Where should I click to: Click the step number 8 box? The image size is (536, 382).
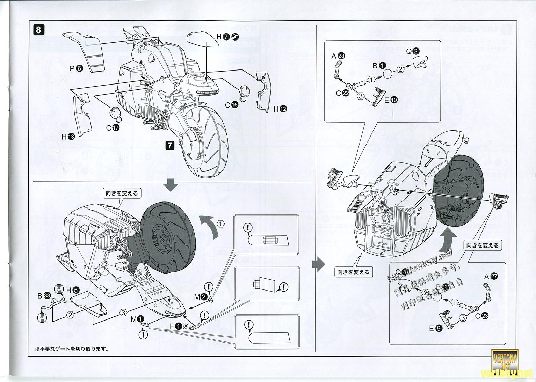(38, 30)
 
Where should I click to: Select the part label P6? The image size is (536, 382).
(76, 69)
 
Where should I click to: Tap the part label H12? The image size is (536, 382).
(280, 109)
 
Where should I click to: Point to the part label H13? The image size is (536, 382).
(68, 137)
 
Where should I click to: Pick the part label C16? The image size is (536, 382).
(231, 105)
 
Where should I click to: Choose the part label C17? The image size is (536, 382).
(113, 128)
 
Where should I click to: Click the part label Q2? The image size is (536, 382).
(412, 51)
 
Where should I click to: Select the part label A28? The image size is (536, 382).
(337, 56)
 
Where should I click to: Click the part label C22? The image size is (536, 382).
(342, 93)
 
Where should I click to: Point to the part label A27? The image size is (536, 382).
(491, 276)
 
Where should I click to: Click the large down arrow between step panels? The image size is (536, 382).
(171, 185)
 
